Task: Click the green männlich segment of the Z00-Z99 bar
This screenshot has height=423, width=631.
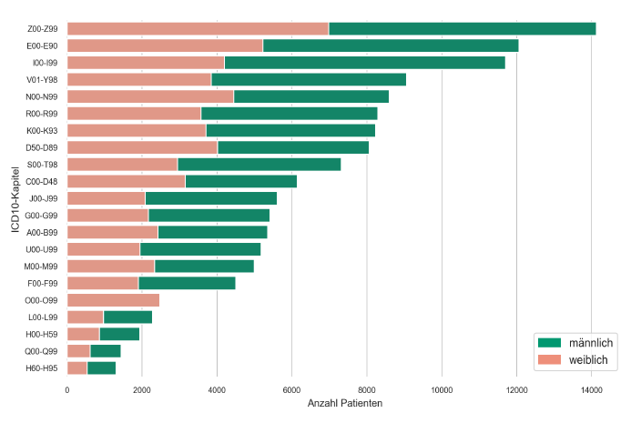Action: pos(462,28)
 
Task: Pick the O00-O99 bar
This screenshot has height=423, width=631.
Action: pos(113,300)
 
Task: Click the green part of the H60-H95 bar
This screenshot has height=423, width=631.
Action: pos(101,368)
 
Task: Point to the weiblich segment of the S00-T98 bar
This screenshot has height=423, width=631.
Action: pos(122,164)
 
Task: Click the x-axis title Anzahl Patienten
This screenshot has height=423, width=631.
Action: pos(345,403)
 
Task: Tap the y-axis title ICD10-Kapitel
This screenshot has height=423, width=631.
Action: pos(16,197)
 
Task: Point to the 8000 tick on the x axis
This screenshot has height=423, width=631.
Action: pos(367,389)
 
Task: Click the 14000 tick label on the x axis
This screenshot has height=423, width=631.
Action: pos(592,389)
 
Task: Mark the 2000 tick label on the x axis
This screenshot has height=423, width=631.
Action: pos(142,389)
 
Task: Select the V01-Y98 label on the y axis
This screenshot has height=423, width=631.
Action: pos(44,79)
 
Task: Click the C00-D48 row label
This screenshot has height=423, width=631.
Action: pos(44,181)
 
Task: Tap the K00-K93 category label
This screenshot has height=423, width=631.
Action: pos(44,130)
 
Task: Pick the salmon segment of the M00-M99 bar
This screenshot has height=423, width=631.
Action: pos(110,266)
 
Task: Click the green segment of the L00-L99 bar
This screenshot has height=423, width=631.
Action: pos(127,317)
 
